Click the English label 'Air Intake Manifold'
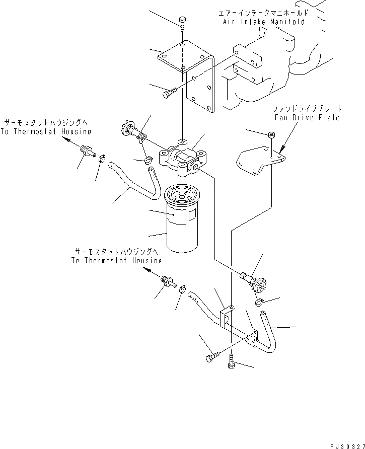tap(264, 22)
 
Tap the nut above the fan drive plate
tap(271, 135)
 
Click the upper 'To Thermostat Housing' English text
tap(46, 132)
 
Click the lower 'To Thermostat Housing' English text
tap(116, 261)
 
